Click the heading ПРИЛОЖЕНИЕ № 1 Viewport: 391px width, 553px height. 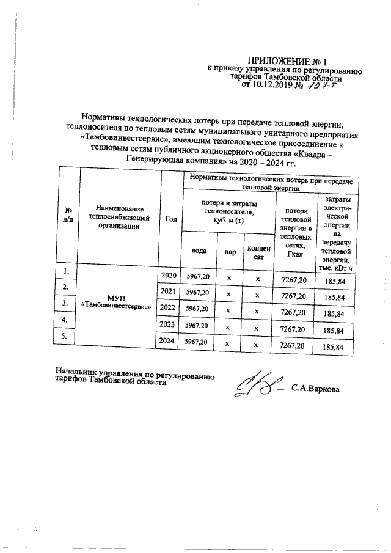(287, 61)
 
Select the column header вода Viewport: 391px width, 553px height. (199, 251)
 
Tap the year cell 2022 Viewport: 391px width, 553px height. (169, 308)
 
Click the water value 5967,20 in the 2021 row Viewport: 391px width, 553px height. (198, 293)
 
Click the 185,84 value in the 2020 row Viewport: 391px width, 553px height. (335, 280)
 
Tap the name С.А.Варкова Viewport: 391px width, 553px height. (315, 388)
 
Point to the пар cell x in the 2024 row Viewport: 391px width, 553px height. (228, 345)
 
